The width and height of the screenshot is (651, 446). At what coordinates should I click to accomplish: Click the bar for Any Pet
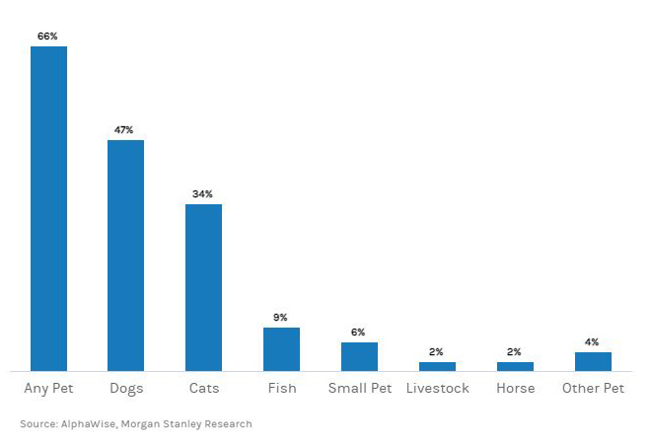(x=48, y=208)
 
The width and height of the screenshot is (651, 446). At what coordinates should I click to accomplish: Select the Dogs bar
(x=125, y=255)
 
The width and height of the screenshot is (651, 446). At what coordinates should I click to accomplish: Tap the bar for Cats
(x=203, y=287)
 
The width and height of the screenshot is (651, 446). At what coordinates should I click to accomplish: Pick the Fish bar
(x=281, y=348)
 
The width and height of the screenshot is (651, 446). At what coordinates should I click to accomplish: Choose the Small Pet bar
(x=359, y=356)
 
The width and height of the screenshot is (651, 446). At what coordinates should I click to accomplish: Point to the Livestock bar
(x=437, y=366)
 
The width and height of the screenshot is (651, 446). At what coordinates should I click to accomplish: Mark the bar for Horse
(x=515, y=366)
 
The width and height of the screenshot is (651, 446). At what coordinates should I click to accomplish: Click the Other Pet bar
(x=593, y=361)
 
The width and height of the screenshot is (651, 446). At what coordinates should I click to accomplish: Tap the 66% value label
(x=48, y=37)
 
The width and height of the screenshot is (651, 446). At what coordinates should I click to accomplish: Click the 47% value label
(x=125, y=130)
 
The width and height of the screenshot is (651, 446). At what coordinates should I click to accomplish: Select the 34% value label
(x=203, y=194)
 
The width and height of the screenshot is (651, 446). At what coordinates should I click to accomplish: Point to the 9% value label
(x=281, y=318)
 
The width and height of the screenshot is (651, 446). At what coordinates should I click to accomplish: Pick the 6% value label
(x=359, y=333)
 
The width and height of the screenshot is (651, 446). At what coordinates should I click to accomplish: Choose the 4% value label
(x=592, y=342)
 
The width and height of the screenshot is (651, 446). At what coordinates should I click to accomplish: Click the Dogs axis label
(x=125, y=389)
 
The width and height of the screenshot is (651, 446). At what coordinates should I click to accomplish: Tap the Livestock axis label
(x=437, y=389)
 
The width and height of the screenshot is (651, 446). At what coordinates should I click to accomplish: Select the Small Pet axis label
(x=359, y=389)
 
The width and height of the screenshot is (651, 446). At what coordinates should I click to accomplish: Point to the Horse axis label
(x=515, y=389)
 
